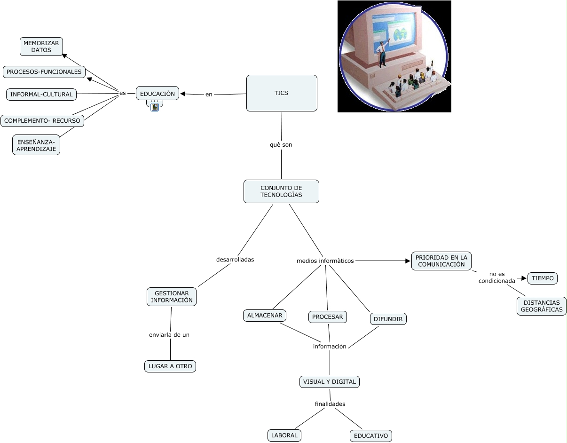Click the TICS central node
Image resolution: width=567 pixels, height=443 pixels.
(282, 93)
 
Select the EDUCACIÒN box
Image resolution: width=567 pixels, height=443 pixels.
(157, 94)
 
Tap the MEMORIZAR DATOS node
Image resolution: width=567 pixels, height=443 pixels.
(41, 47)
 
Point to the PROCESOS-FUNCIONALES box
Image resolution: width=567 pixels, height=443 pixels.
(44, 72)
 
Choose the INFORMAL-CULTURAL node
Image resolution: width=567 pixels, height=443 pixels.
(41, 95)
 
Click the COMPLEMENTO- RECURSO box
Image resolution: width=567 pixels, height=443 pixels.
(42, 121)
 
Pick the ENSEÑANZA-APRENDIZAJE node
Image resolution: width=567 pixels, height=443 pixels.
(36, 145)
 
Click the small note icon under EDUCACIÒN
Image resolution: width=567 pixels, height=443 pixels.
(155, 107)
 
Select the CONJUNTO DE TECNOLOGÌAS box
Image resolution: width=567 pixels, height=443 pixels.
(281, 191)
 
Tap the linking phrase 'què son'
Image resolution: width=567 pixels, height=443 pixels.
(281, 145)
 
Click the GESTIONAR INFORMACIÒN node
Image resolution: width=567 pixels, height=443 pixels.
(172, 297)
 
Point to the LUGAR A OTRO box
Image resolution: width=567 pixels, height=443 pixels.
(170, 366)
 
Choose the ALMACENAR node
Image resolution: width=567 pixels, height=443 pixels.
(265, 315)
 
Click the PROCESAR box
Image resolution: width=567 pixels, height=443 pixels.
(328, 317)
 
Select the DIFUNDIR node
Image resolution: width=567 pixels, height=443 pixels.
(388, 319)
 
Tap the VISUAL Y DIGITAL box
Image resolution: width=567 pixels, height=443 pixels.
(329, 382)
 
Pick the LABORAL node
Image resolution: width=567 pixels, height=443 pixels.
(284, 435)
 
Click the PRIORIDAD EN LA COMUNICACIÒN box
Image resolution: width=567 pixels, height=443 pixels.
(441, 261)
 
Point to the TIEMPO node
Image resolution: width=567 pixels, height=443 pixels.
(543, 278)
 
